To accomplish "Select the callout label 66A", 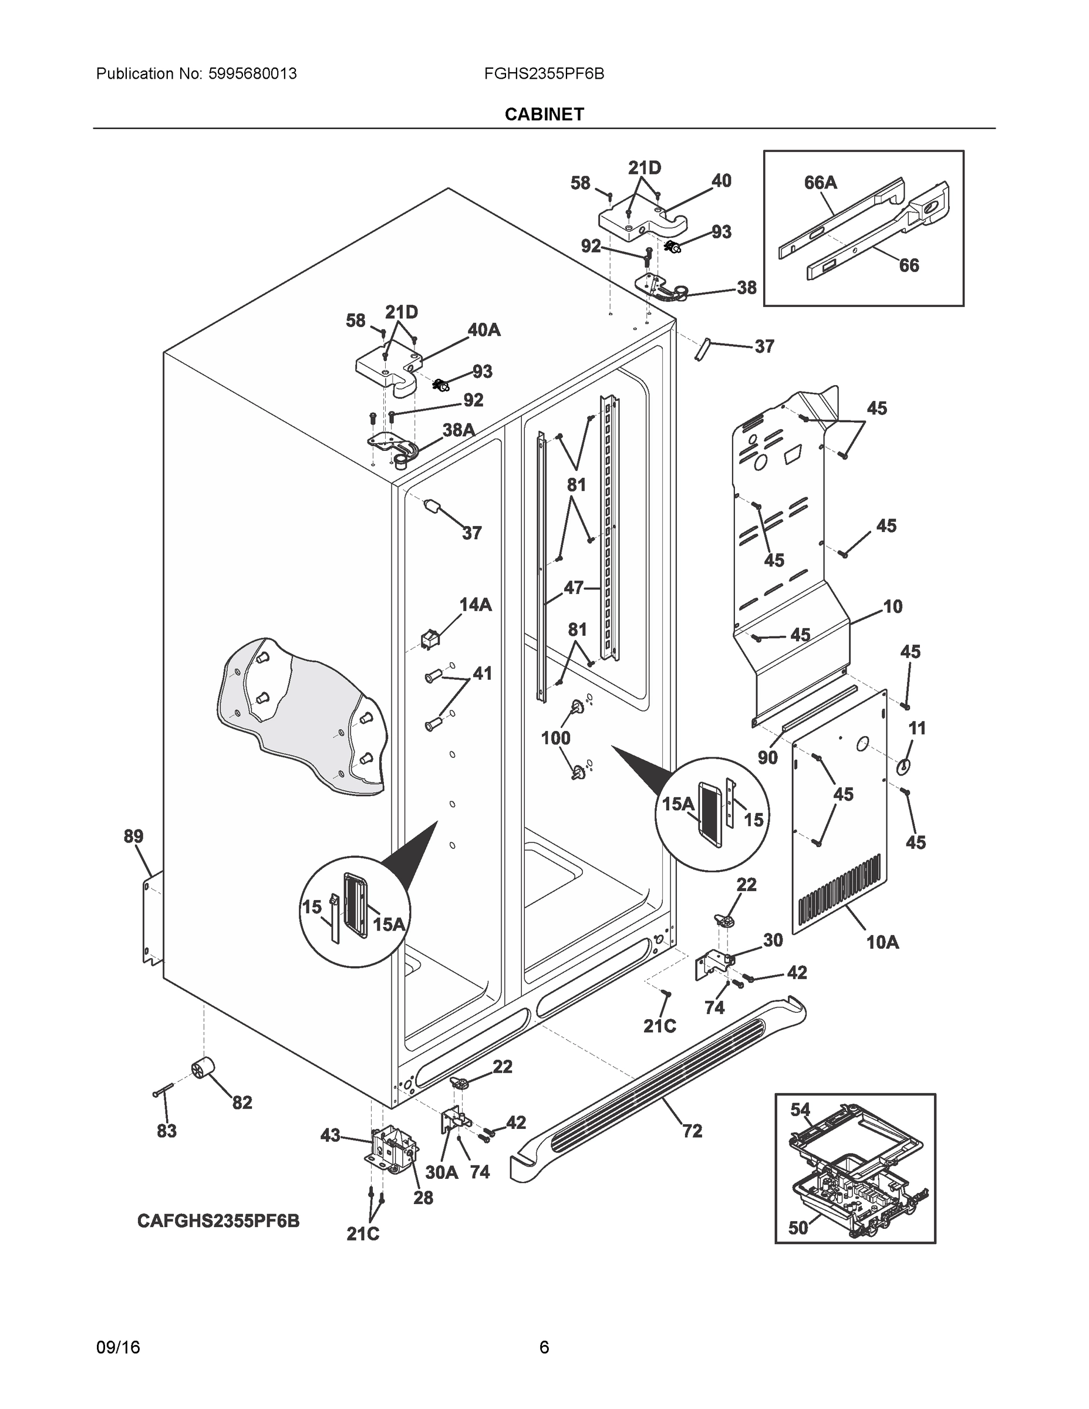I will (820, 183).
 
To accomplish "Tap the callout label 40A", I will (484, 331).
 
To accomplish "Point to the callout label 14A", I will (475, 605).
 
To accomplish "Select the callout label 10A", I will (882, 942).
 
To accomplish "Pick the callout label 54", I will (800, 1110).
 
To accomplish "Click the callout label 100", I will (555, 737).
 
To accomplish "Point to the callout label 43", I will (331, 1135).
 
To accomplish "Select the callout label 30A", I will (441, 1172).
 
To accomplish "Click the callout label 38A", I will (458, 430).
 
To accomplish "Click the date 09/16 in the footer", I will (118, 1348).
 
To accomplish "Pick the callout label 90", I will (768, 757).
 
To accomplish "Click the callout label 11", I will (917, 729).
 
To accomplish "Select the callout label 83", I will (167, 1131).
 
